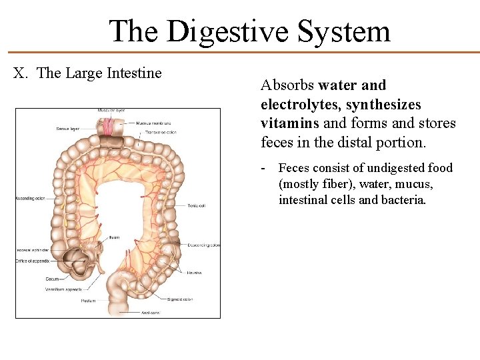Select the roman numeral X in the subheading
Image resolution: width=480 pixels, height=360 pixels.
pos(20,73)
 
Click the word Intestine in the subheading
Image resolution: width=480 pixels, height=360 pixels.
pos(134,73)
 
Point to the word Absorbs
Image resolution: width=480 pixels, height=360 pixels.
pos(287,85)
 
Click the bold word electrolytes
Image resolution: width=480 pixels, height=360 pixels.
pos(295,105)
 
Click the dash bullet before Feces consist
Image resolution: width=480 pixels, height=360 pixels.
pos(265,168)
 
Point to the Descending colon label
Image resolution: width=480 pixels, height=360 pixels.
pos(203,245)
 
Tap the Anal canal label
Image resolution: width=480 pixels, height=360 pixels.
pos(150,312)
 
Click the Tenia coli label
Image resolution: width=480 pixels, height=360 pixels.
pos(197,206)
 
